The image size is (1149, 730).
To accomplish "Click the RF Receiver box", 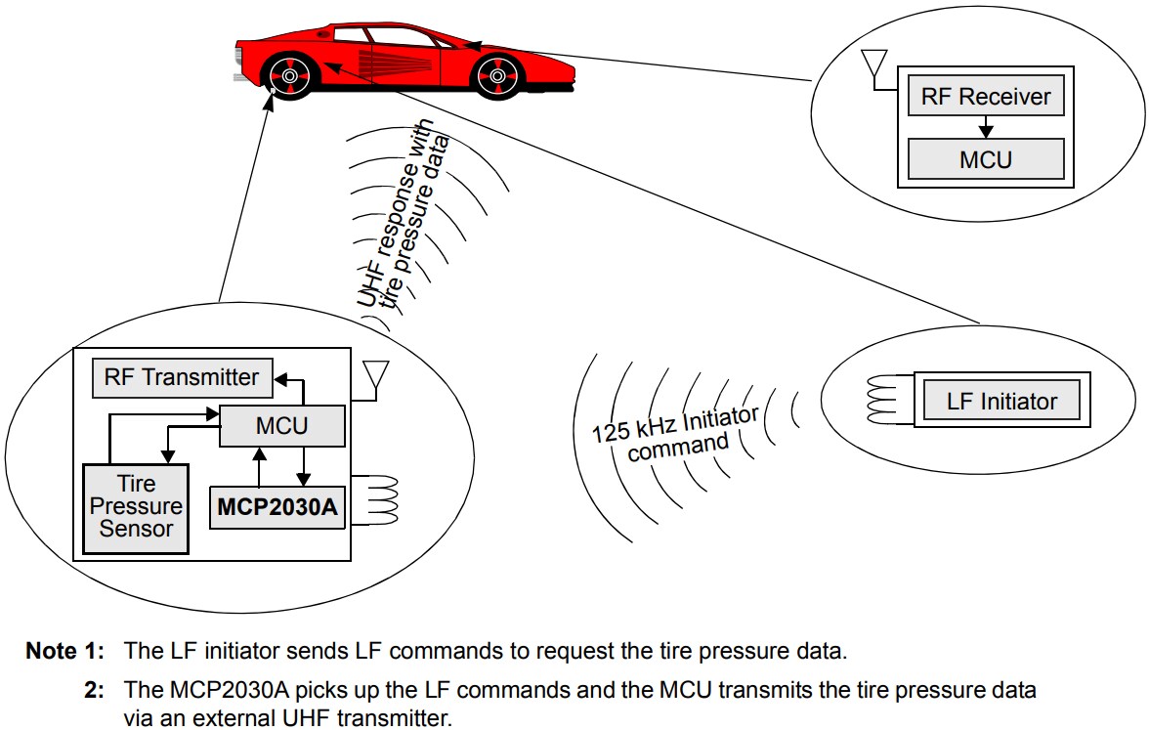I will tap(986, 97).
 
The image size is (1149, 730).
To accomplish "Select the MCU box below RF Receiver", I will tap(986, 158).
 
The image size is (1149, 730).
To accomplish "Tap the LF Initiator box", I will tap(1001, 401).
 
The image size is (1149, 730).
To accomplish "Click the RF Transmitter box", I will tap(182, 377).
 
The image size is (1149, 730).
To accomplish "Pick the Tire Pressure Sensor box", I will tap(136, 507).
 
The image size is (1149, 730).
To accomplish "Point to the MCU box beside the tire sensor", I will tap(281, 426).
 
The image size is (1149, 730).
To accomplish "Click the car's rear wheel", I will tap(289, 72).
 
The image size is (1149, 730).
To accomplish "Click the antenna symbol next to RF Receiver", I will tap(871, 66).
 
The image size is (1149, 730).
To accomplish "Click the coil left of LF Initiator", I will tap(887, 400).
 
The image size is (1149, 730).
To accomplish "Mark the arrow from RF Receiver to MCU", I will tap(986, 128).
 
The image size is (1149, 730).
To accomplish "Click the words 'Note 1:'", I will tap(64, 652).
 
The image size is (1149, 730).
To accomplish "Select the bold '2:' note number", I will tap(95, 690).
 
